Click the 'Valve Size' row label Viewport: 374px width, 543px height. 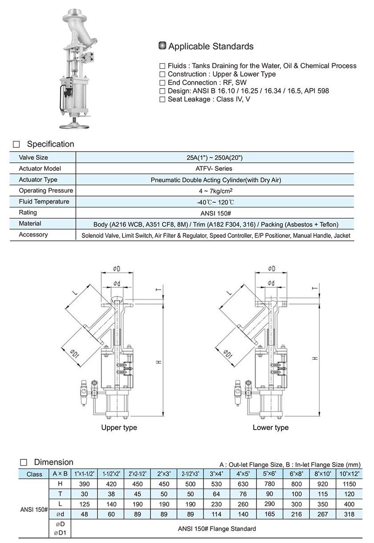[x=33, y=158]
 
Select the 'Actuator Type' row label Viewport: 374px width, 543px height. [x=38, y=180]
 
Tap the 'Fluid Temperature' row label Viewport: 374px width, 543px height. [x=44, y=201]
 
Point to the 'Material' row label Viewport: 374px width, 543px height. [x=30, y=223]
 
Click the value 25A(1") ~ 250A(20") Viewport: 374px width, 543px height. [x=215, y=158]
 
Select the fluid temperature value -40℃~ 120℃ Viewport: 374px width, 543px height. [x=215, y=202]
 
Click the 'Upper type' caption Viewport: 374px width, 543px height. [x=119, y=427]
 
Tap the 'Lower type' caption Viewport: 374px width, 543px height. [x=270, y=427]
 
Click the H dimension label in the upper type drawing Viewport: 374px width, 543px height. [x=158, y=363]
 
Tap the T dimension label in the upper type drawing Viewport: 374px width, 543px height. [x=157, y=290]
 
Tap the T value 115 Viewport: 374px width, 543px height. [x=323, y=494]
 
